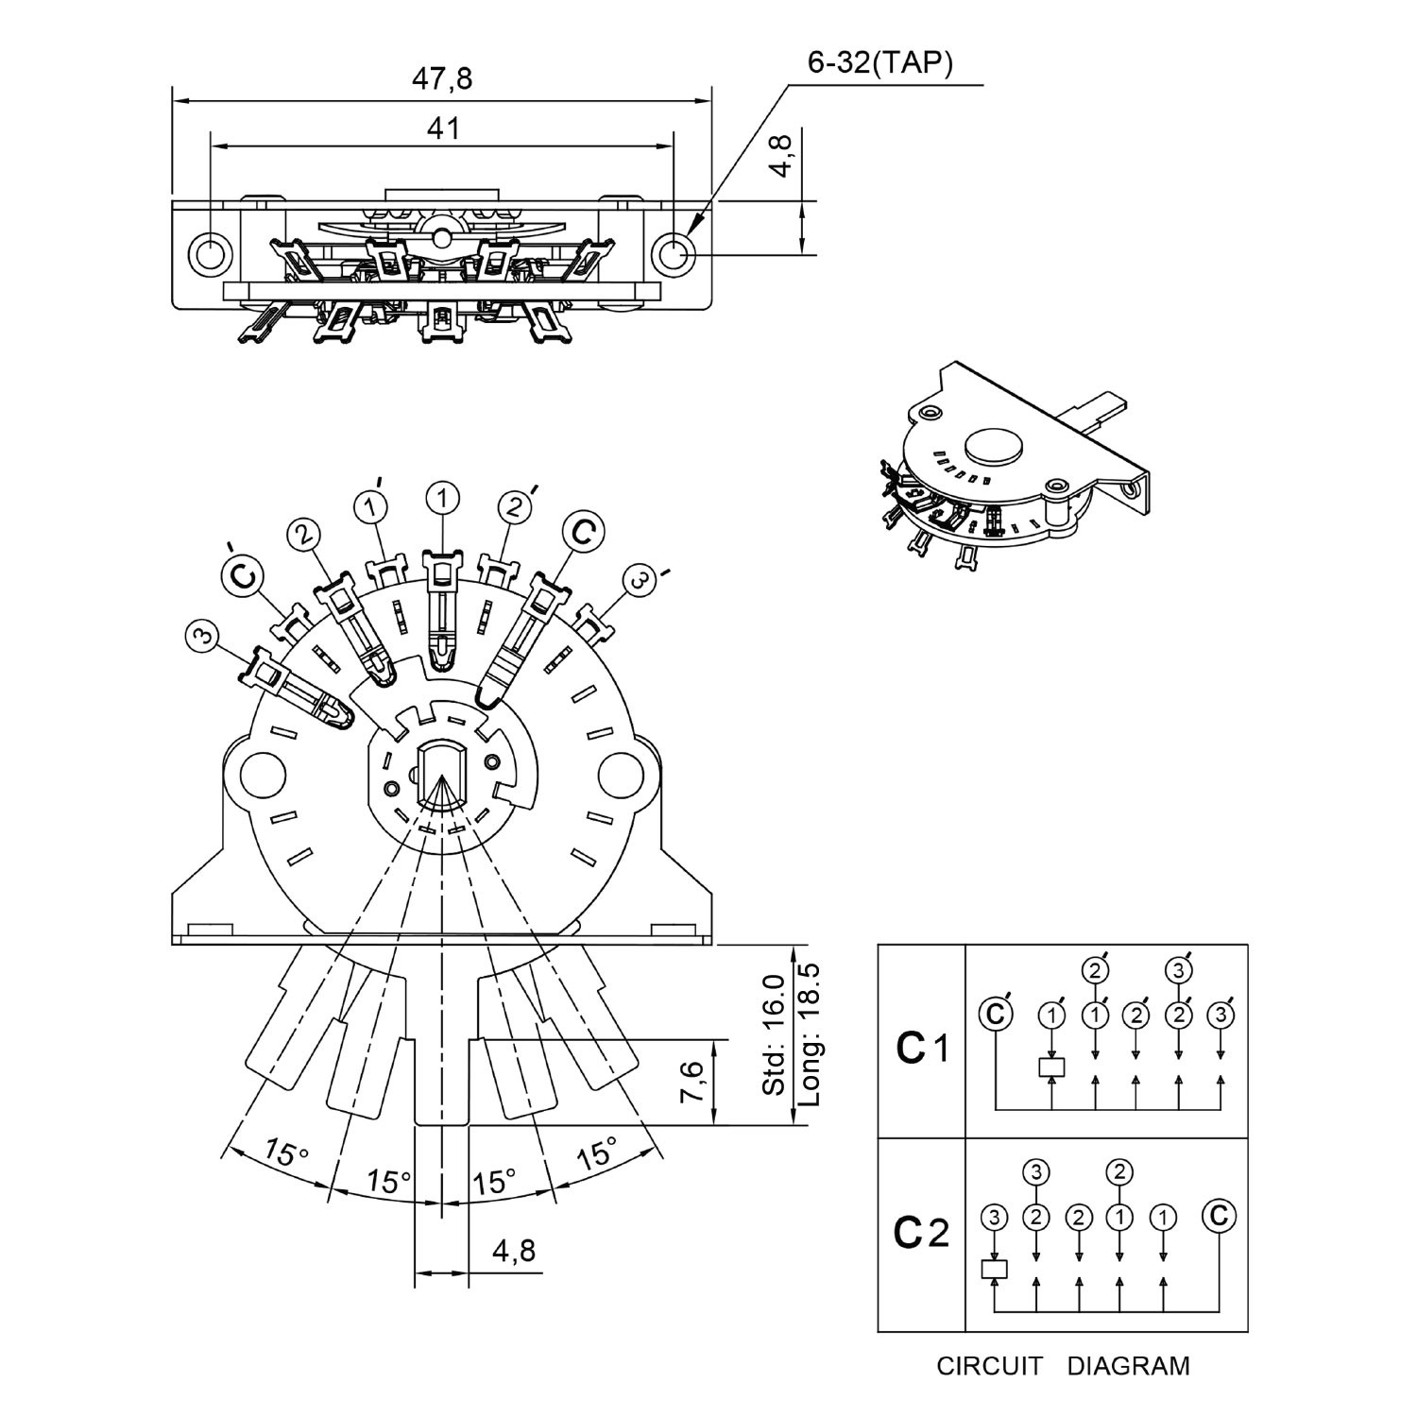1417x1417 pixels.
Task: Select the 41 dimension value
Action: (x=443, y=128)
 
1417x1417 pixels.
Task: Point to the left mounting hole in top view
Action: (x=210, y=252)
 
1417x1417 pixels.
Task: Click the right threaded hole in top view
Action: (x=674, y=252)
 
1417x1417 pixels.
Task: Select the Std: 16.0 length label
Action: (x=774, y=1034)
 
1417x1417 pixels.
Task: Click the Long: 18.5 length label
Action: (x=810, y=1034)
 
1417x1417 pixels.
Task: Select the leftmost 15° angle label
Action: (x=285, y=1153)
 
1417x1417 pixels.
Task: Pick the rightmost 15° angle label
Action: (x=597, y=1153)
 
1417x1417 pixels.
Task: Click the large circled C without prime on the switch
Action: (x=584, y=531)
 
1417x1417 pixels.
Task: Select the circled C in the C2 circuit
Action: (x=1219, y=1215)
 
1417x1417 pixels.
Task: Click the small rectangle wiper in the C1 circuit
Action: (x=1052, y=1067)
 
